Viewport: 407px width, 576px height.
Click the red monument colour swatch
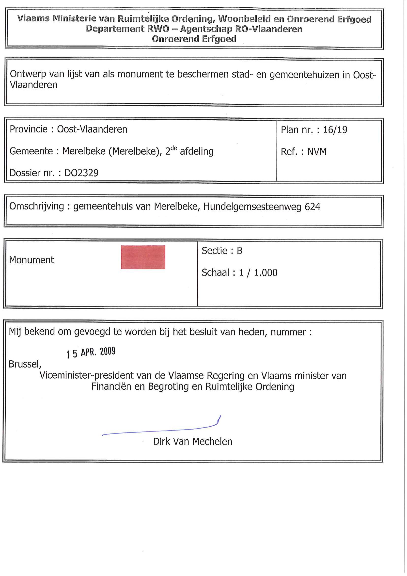tap(143, 257)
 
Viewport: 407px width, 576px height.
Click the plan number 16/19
tap(335, 130)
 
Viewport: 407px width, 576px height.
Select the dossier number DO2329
tap(81, 173)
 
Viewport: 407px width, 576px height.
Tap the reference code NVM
tap(317, 152)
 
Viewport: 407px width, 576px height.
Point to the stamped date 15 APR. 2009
tap(91, 352)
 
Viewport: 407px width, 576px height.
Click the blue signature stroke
tap(160, 431)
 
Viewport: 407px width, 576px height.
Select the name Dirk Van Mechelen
tap(193, 442)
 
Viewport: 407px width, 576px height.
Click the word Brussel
tap(25, 364)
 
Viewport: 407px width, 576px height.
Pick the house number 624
tap(313, 207)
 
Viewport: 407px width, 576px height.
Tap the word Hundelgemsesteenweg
tap(252, 207)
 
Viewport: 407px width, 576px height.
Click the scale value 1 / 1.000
tap(258, 273)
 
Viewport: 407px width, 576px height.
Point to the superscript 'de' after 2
tap(174, 148)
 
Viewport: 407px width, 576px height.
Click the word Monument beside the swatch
tap(31, 260)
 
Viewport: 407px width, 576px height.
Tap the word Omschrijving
tap(37, 207)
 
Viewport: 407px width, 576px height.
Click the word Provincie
tap(29, 129)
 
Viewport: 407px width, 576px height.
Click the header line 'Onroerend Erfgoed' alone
tap(194, 39)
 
